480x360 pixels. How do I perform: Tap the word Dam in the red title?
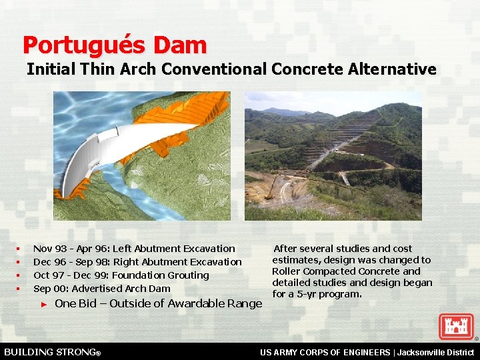point(179,45)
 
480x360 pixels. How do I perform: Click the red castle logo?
point(456,327)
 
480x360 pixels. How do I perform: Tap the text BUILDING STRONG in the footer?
point(51,351)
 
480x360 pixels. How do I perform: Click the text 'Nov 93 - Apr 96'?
point(71,249)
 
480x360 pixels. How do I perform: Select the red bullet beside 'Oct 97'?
point(19,275)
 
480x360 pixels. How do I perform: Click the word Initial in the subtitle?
point(51,69)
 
